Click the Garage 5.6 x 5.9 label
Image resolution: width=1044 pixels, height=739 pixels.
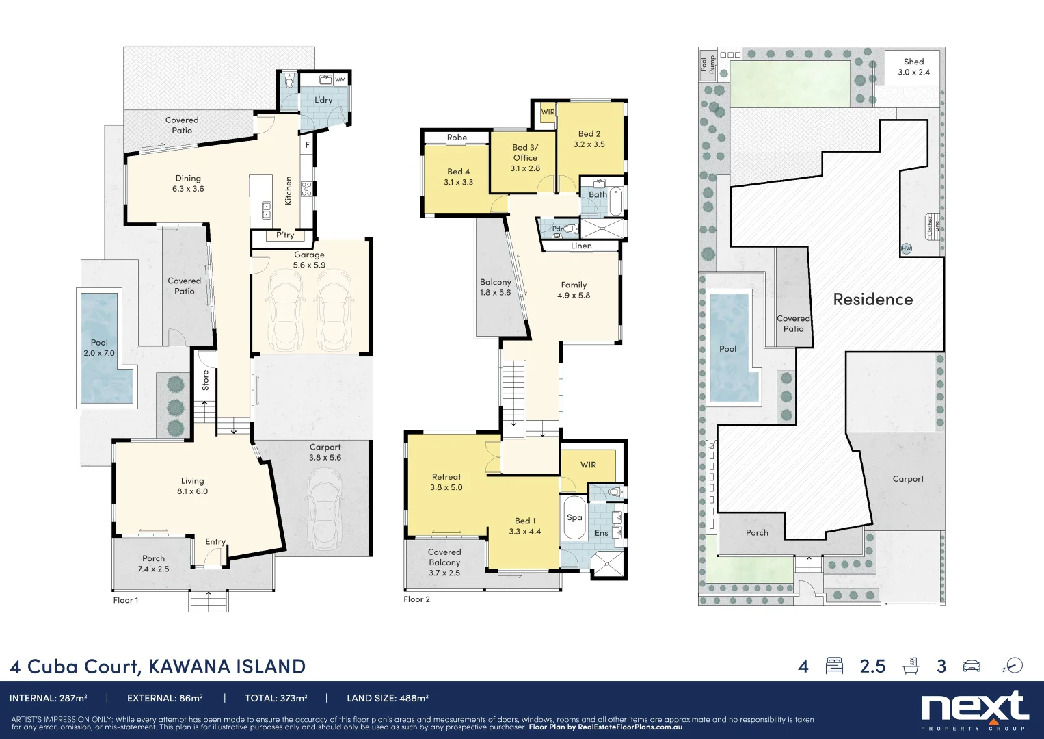point(309,260)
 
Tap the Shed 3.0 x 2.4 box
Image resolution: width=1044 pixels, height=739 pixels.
point(913,67)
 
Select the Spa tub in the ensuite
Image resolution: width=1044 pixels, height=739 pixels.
point(574,518)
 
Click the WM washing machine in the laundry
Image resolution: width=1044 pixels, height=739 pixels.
point(340,80)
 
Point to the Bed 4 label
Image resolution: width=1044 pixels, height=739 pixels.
point(458,177)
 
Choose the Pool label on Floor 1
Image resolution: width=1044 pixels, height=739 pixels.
point(99,348)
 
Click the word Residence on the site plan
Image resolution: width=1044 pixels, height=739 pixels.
point(872,300)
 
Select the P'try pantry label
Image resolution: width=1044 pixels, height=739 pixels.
point(285,235)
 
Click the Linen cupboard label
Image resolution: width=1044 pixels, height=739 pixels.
point(581,246)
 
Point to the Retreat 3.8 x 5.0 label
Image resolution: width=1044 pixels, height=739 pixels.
point(446,482)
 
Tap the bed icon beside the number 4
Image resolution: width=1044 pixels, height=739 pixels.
point(834,666)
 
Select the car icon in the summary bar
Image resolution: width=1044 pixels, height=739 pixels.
point(972,666)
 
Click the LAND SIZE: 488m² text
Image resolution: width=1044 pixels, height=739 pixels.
point(387,699)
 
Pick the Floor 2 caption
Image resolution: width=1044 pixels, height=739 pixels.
point(416,599)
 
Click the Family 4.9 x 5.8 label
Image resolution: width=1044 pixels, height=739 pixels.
point(574,290)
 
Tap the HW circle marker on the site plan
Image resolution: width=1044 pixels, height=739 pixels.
point(906,249)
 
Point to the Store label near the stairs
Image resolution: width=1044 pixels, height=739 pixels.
point(206,380)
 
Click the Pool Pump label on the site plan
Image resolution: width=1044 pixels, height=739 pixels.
point(708,64)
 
